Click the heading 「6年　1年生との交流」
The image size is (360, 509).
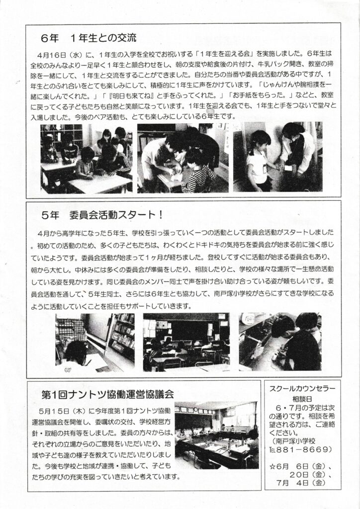pyautogui.click(x=89, y=38)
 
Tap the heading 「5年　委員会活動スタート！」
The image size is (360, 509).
pyautogui.click(x=102, y=215)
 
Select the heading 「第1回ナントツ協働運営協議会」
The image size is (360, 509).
pyautogui.click(x=108, y=394)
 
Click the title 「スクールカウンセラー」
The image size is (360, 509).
pyautogui.click(x=302, y=388)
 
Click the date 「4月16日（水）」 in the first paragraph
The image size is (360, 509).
pyautogui.click(x=55, y=54)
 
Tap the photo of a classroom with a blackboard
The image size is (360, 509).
pyautogui.click(x=186, y=342)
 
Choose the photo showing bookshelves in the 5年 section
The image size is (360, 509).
pyautogui.click(x=95, y=342)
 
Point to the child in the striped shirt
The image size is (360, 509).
pyautogui.click(x=199, y=171)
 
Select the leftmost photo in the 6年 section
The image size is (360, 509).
pyautogui.click(x=87, y=159)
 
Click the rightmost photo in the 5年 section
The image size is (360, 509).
pyautogui.click(x=280, y=341)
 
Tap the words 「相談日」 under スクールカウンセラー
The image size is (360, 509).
pyautogui.click(x=302, y=399)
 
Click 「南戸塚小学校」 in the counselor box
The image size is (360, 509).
pyautogui.click(x=294, y=441)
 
